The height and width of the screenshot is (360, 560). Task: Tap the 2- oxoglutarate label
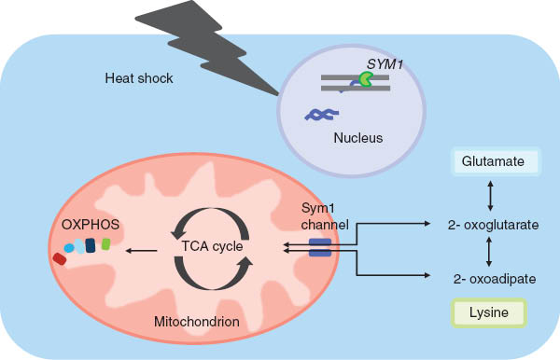495,225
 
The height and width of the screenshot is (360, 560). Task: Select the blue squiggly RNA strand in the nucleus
319,117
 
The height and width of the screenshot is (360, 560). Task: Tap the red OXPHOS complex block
60,258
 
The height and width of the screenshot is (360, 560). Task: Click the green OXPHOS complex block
105,244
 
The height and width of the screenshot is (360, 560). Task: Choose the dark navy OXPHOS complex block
91,245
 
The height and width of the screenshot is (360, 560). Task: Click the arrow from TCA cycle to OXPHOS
142,250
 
